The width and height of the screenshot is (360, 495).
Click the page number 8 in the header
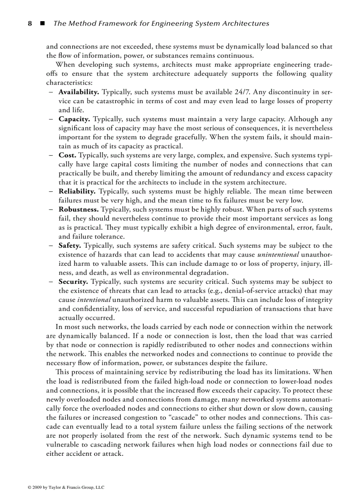30,23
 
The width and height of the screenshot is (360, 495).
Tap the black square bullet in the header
42,23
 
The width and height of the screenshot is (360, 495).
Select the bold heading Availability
79,92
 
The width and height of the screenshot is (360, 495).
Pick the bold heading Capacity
75,119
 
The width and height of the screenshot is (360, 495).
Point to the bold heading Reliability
77,191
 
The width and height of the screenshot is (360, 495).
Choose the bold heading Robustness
79,209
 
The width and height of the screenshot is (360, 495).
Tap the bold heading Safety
70,246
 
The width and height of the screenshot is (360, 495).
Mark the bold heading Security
73,281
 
